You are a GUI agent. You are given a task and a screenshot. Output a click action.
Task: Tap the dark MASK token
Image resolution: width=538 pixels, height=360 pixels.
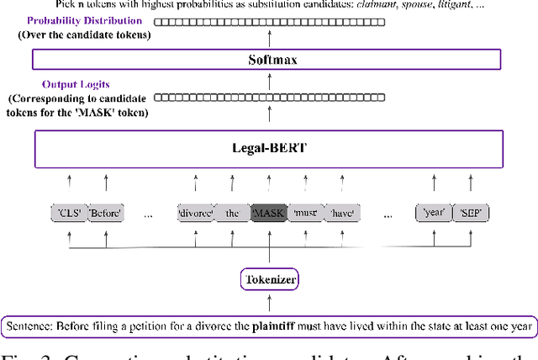pos(268,214)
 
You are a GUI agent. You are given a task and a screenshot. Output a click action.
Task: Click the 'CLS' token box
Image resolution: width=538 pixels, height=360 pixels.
pos(66,214)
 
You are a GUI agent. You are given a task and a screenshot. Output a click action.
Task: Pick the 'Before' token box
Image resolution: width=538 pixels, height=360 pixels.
pos(105,214)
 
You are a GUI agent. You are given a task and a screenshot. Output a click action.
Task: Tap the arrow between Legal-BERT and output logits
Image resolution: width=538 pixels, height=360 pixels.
pos(268,118)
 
